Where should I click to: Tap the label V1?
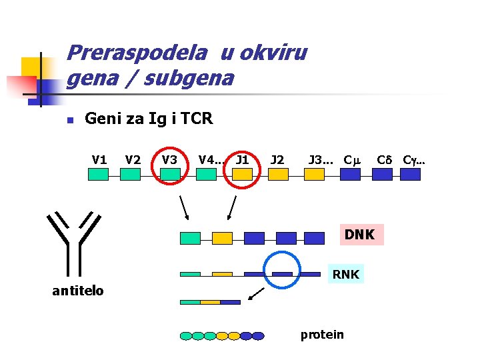tap(99, 160)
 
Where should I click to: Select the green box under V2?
tap(130, 174)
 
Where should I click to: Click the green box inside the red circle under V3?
tap(171, 174)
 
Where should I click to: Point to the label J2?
tap(277, 160)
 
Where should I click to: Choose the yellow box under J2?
tap(278, 174)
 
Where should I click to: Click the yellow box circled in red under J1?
tap(243, 174)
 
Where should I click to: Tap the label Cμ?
tap(351, 160)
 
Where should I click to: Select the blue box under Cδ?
tap(382, 174)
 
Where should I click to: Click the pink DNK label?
tap(359, 235)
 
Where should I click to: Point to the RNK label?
tap(346, 274)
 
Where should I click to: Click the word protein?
tap(322, 334)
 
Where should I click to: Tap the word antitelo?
tap(78, 290)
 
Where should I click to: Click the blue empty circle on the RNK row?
tap(283, 269)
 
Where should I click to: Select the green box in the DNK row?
tap(190, 238)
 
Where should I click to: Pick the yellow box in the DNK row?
tap(222, 238)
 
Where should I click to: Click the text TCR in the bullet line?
tap(197, 119)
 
